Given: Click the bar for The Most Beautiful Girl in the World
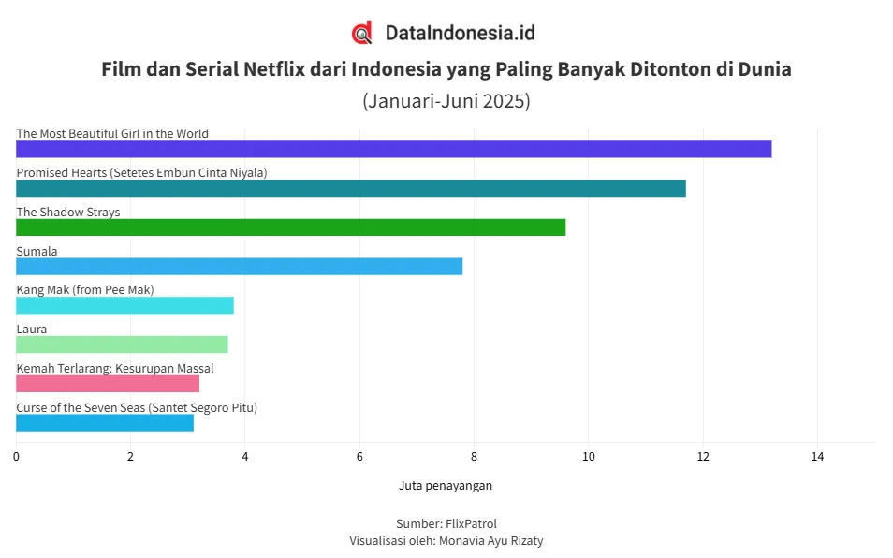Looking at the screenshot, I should (x=393, y=149).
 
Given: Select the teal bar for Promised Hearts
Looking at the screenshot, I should (x=351, y=188).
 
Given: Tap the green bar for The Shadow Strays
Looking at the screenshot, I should (x=290, y=228).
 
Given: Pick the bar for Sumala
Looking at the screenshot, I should (x=239, y=267).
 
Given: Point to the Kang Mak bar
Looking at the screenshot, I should (x=124, y=305).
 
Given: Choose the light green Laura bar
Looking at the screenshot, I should (x=122, y=345).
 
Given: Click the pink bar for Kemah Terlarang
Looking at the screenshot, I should (x=108, y=384).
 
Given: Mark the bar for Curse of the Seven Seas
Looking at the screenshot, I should (x=105, y=422).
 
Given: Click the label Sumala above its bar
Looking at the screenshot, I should (x=37, y=251).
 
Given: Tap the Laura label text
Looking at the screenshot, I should (x=31, y=329).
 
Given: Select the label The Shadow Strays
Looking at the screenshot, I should (x=68, y=212).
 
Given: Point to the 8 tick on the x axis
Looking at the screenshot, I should (x=474, y=457).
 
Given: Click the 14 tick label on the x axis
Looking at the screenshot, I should (x=817, y=457).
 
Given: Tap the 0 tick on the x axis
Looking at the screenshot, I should (x=16, y=457).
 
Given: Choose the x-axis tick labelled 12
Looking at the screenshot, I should (x=703, y=457).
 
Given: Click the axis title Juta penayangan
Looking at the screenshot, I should (x=446, y=485).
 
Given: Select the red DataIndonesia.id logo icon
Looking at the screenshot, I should (x=362, y=33).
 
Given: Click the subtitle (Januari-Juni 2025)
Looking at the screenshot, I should (x=446, y=101).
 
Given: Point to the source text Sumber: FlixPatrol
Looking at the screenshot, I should (x=446, y=523).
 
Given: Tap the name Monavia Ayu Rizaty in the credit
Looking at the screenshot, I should (x=490, y=540).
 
